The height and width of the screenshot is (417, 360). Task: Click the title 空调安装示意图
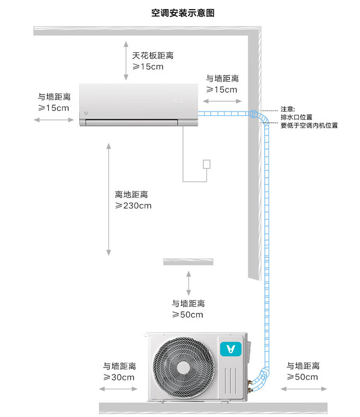coord(183,13)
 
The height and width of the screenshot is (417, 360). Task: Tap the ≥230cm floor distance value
coord(133,205)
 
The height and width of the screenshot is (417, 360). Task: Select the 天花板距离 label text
coord(153,56)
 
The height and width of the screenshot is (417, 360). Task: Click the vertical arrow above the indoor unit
coord(126,60)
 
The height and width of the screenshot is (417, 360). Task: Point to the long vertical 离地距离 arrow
coord(108,200)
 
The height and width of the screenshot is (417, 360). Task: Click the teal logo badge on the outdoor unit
coord(231,349)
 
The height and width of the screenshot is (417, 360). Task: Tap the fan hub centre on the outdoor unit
coord(183,368)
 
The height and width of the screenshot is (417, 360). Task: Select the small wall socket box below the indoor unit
coord(206,164)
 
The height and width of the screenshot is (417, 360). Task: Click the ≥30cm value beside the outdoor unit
coord(119,377)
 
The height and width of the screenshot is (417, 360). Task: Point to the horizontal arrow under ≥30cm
coord(119,389)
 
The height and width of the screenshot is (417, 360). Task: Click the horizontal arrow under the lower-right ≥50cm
coord(304,389)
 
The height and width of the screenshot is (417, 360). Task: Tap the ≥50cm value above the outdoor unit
coord(188,315)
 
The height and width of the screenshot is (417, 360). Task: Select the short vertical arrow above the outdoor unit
coord(189,283)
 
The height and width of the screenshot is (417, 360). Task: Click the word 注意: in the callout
coord(288,109)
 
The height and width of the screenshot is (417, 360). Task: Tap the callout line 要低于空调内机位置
coord(309,125)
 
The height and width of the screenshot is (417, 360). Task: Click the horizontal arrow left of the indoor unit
coord(54,120)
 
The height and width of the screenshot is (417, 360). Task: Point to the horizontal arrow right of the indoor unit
coord(222,101)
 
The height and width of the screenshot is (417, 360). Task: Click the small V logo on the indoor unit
coord(86,114)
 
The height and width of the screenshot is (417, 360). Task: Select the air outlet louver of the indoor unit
coord(132,122)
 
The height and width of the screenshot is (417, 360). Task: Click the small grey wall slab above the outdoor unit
coord(188,262)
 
